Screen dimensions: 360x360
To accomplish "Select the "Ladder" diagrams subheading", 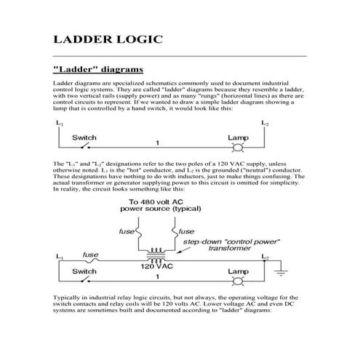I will [x=92, y=71].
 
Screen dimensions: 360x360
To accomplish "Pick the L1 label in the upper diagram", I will [x=58, y=125].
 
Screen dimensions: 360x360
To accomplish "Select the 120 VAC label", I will [x=155, y=266].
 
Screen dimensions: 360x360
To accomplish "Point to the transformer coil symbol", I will [x=155, y=255].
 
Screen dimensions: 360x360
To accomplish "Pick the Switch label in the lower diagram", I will [x=84, y=271].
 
